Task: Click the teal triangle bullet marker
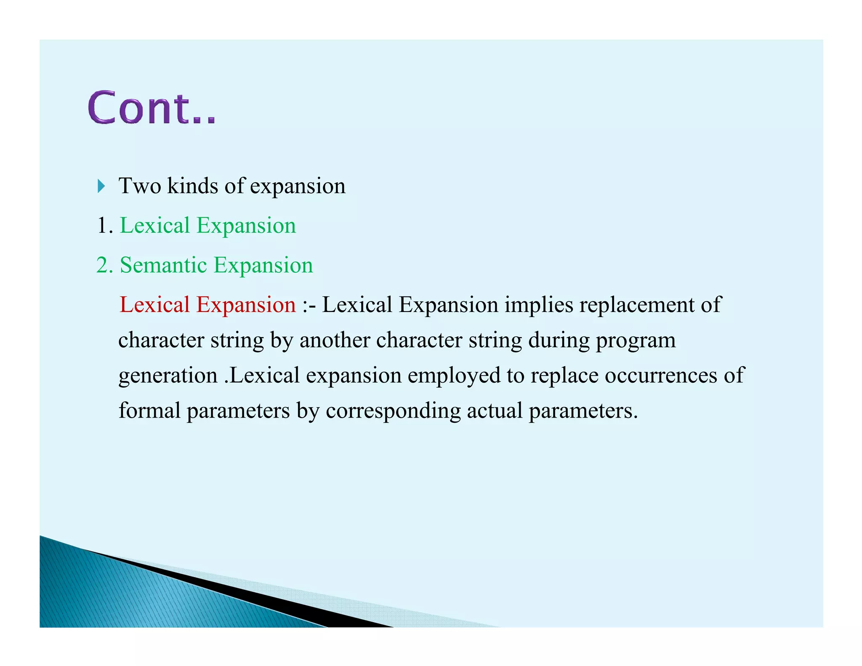point(101,186)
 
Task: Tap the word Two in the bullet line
point(140,186)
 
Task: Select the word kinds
point(192,186)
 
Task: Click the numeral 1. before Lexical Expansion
point(105,226)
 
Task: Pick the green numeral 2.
point(105,265)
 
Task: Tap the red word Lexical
point(154,304)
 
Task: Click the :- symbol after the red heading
point(309,305)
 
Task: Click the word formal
point(149,410)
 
